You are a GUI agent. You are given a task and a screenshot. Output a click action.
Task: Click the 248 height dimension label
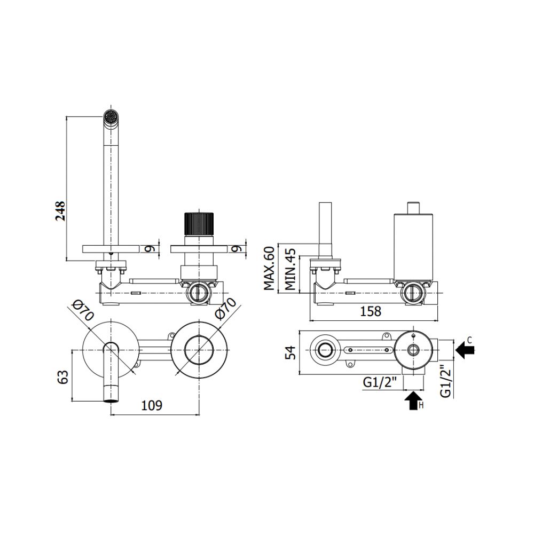(x=61, y=211)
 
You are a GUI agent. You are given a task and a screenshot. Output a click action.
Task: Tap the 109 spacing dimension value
(x=152, y=406)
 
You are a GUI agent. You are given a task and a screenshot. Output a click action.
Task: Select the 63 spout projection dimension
(x=64, y=376)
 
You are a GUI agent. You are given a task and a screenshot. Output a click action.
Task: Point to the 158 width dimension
(x=371, y=311)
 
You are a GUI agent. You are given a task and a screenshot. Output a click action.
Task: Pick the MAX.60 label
(x=269, y=269)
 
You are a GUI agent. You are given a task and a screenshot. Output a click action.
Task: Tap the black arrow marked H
(x=412, y=401)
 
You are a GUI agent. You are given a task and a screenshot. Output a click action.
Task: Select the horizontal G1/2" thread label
(x=380, y=383)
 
